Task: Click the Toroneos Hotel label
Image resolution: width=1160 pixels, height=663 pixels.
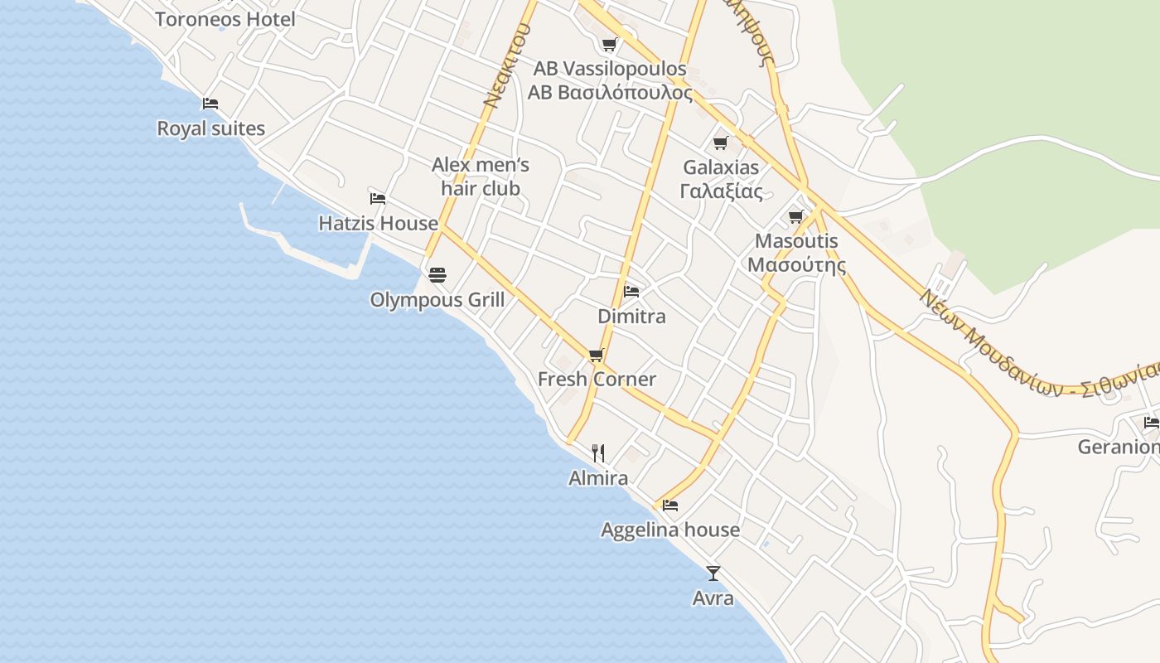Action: tap(225, 19)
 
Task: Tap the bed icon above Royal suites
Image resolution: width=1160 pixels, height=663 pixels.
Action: tap(210, 104)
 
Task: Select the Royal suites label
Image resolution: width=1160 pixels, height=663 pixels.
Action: tap(211, 128)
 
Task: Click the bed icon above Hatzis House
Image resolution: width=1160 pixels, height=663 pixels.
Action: tap(378, 198)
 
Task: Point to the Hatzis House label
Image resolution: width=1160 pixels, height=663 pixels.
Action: tap(379, 223)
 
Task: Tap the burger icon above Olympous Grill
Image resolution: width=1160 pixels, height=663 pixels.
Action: tap(437, 275)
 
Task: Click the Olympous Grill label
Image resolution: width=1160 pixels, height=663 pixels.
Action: tap(437, 299)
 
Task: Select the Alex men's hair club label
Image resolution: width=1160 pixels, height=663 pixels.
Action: tap(481, 177)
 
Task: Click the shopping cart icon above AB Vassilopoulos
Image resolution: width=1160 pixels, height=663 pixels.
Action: tap(610, 44)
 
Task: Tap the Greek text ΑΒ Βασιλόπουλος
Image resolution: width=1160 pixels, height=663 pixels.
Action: tap(610, 92)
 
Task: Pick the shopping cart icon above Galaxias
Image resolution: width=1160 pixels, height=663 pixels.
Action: tap(721, 143)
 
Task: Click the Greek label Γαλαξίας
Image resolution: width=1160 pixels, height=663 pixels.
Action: tap(721, 191)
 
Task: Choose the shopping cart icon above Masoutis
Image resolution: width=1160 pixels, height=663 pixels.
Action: tap(797, 217)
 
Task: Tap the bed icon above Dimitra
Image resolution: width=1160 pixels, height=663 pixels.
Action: tap(631, 292)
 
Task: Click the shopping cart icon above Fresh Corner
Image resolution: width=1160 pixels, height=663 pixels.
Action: tap(596, 356)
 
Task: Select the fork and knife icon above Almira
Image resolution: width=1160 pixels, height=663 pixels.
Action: tap(598, 453)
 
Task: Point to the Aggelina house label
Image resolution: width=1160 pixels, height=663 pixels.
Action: tap(670, 530)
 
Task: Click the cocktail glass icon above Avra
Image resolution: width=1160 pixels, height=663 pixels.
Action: tap(713, 573)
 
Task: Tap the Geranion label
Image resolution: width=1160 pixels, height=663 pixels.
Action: tap(1118, 448)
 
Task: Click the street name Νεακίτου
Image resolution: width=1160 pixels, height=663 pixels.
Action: tap(507, 66)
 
